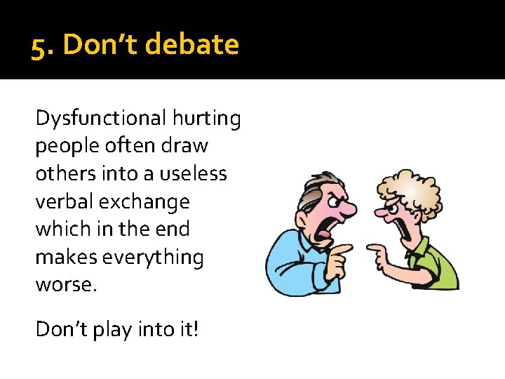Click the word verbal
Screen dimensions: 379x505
pos(66,201)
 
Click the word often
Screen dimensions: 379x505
pos(132,146)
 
